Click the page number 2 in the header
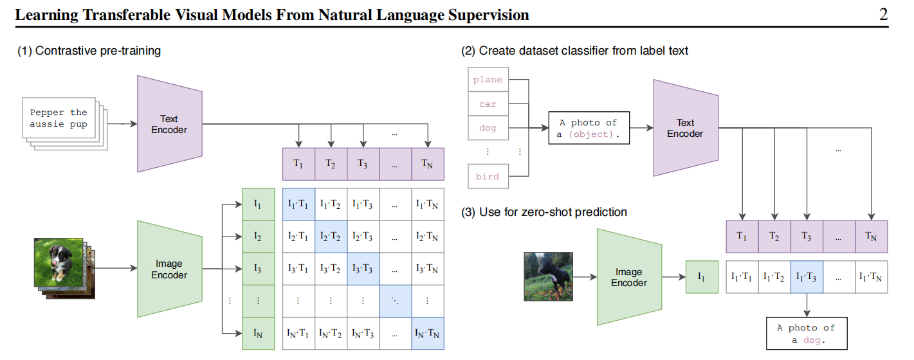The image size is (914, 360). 883,15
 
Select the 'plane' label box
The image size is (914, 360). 488,80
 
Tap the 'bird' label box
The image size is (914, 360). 488,176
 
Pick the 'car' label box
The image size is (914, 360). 488,104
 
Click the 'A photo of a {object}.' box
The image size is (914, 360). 589,128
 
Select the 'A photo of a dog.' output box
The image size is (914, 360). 807,334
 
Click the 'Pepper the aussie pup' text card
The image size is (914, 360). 59,118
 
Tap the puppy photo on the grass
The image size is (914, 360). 59,262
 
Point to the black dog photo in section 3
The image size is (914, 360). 549,276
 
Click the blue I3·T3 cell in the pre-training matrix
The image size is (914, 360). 363,269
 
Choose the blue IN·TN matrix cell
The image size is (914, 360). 428,334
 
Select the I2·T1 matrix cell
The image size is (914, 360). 298,237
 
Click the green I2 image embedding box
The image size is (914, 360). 259,237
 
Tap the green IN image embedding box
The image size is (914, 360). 259,334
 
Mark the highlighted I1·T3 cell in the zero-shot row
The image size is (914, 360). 807,277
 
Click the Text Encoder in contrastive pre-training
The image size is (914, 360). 169,124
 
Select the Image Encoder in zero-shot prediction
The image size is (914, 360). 629,277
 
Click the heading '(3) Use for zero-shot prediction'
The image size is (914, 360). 544,212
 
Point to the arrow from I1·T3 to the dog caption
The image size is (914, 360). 807,305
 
